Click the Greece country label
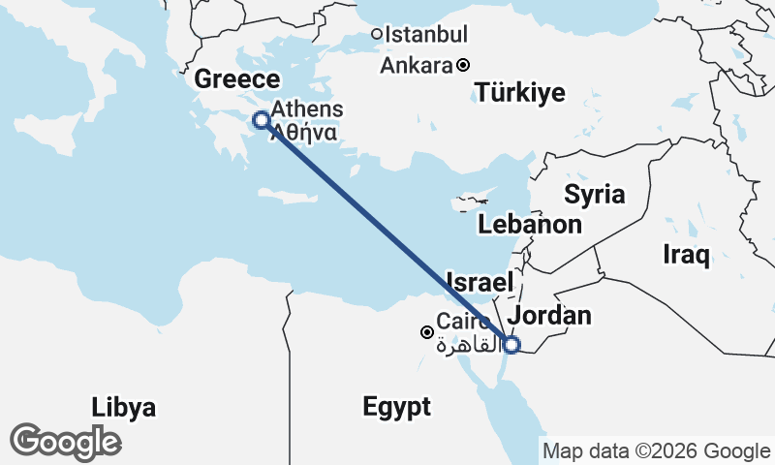click(237, 79)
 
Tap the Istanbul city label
click(427, 35)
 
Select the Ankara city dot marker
click(463, 66)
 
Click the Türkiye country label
click(520, 93)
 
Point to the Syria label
click(595, 194)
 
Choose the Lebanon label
click(530, 225)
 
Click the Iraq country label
click(687, 255)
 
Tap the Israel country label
click(479, 283)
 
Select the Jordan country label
click(549, 316)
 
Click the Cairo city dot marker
click(426, 332)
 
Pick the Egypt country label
click(397, 407)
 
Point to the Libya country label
click(123, 407)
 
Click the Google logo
click(65, 442)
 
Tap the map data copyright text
click(656, 450)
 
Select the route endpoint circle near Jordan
click(511, 344)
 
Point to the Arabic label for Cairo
click(459, 345)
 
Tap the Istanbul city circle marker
click(377, 35)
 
